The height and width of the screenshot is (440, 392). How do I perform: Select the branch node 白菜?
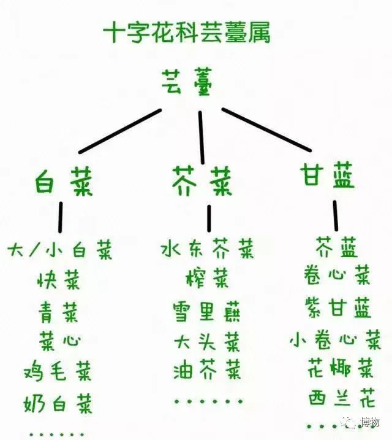[x=64, y=181]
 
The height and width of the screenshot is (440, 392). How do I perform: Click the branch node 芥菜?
[x=202, y=181]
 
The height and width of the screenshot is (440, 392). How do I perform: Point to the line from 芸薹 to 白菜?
[x=120, y=131]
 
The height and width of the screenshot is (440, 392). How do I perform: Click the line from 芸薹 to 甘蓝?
[x=266, y=129]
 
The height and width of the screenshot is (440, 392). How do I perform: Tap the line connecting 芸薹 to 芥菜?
[x=201, y=137]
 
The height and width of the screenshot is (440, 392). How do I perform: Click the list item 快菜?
[x=59, y=280]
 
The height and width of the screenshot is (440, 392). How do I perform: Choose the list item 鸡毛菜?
[x=58, y=371]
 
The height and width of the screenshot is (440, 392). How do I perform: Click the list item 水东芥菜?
[x=208, y=248]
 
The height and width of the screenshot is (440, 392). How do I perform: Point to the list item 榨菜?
[x=207, y=279]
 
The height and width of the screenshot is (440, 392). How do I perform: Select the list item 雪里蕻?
[x=206, y=311]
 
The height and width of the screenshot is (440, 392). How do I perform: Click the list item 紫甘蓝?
[x=337, y=307]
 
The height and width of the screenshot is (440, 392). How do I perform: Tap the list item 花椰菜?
[x=341, y=368]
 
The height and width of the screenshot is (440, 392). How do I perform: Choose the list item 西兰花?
[x=342, y=398]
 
